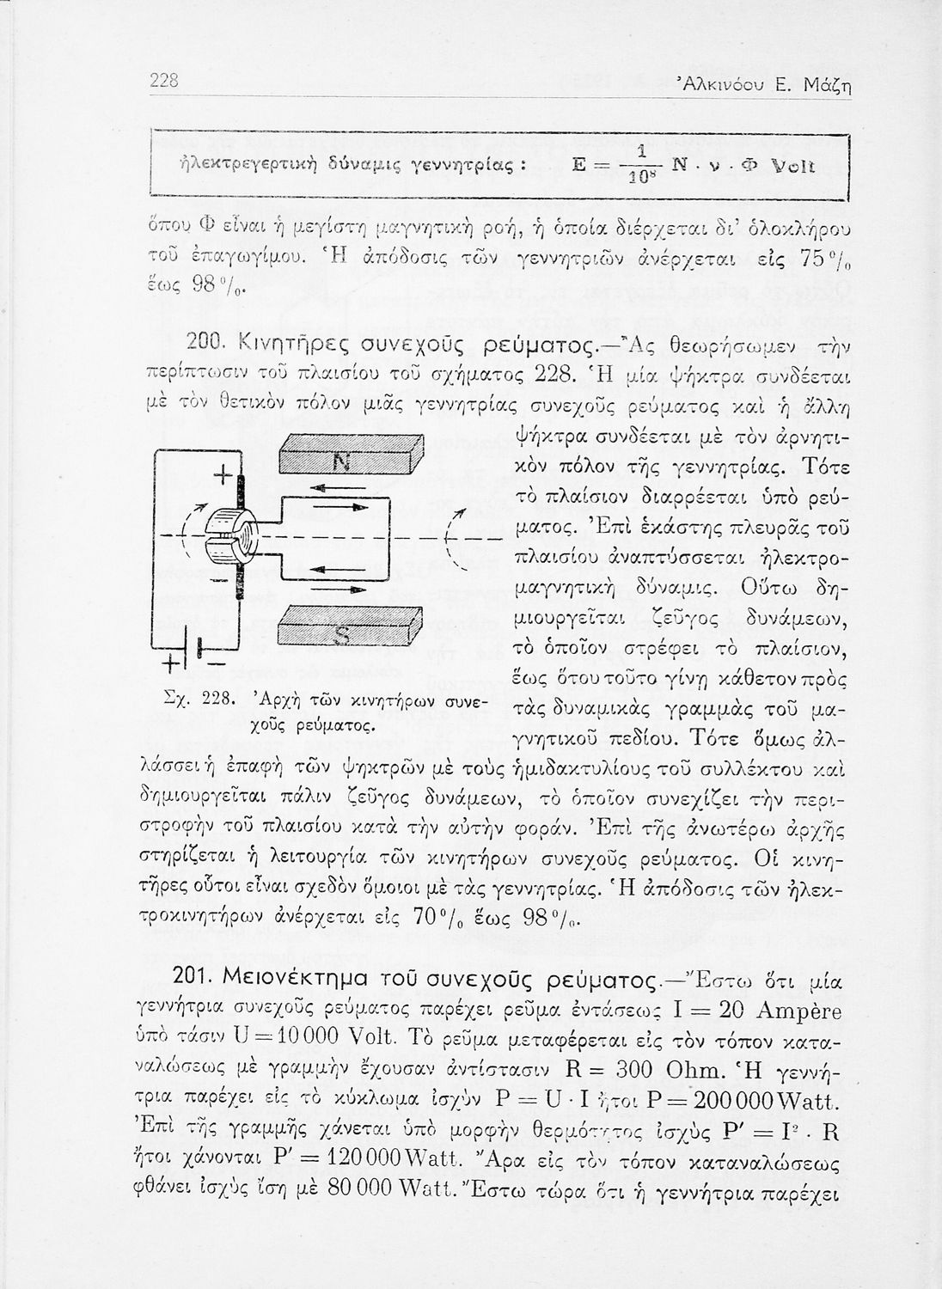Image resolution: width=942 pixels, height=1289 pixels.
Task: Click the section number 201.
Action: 194,980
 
